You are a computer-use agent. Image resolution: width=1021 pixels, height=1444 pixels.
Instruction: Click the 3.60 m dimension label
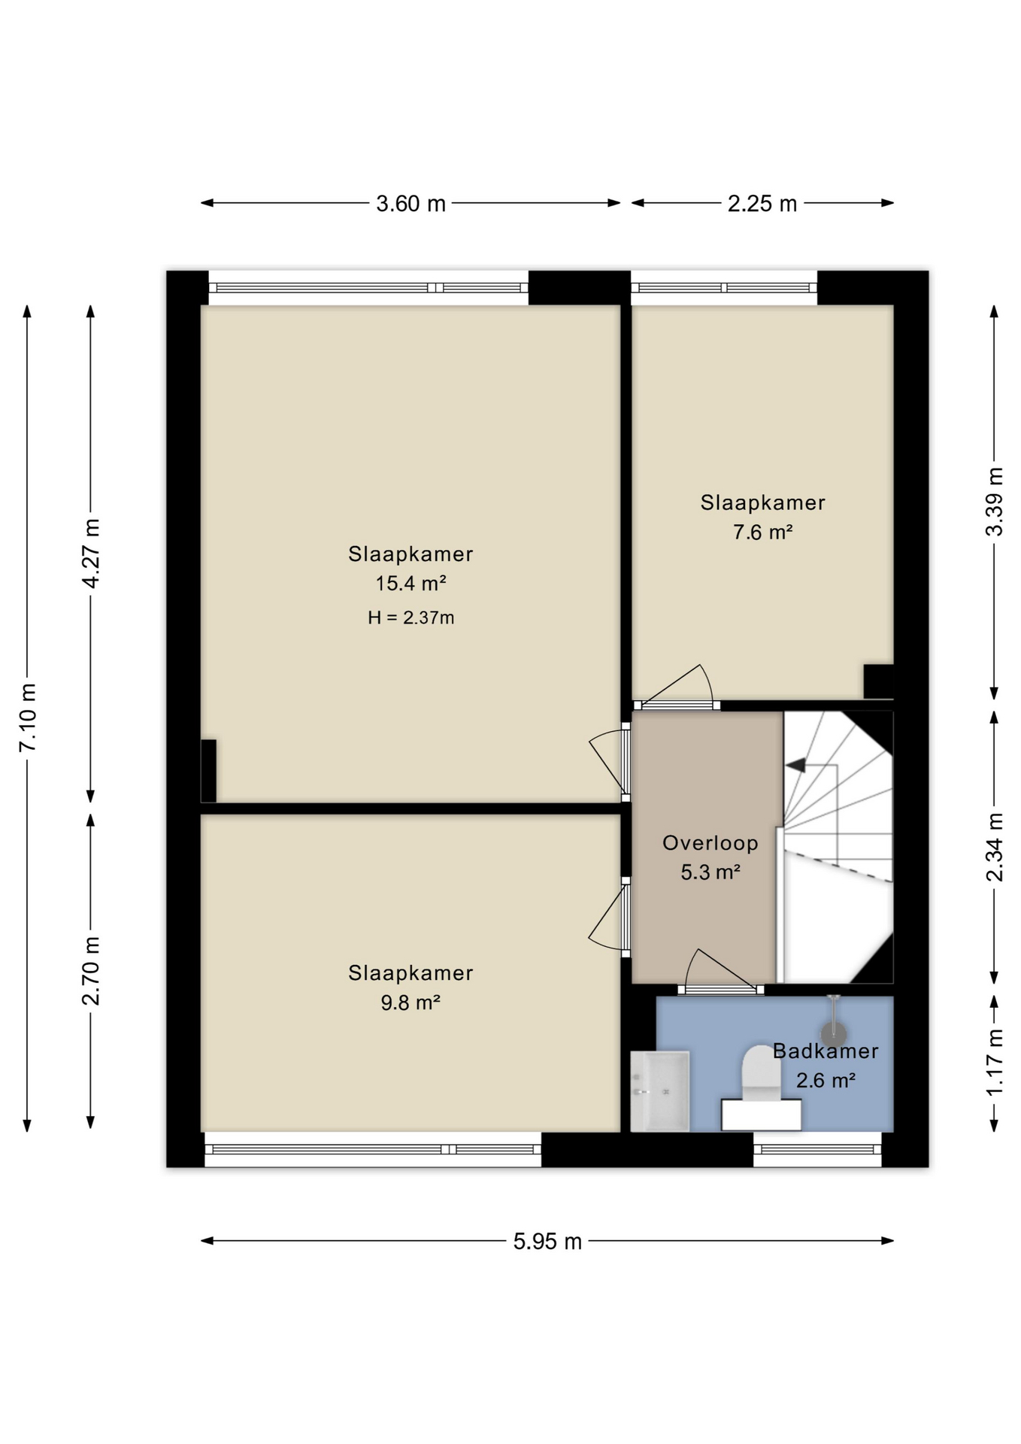[x=411, y=204]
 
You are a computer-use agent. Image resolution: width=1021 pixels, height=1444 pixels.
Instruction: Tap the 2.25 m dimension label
[x=762, y=204]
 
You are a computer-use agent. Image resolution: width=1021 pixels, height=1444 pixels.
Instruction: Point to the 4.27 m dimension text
[x=91, y=554]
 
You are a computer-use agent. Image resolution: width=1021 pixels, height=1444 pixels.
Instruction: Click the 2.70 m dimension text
[x=91, y=971]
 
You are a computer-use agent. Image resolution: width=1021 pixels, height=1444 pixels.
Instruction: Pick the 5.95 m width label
[x=547, y=1242]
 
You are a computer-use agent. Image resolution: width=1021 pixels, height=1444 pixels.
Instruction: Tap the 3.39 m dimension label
[x=994, y=502]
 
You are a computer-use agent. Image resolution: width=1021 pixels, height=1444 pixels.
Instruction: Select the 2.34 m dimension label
[x=994, y=847]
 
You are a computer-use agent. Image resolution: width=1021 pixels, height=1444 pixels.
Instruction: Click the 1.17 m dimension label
[x=994, y=1062]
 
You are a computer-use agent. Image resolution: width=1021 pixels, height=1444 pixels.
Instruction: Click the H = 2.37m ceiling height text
[x=411, y=618]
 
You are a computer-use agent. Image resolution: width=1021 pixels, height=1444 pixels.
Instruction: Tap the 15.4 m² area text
[x=411, y=584]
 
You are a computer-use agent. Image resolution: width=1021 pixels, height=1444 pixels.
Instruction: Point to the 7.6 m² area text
[x=762, y=532]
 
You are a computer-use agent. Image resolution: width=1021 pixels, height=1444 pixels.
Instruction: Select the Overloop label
[x=710, y=843]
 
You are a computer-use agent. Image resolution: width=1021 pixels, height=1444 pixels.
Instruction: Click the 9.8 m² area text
[x=411, y=1003]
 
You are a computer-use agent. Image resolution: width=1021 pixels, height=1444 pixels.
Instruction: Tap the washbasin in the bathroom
[x=659, y=1091]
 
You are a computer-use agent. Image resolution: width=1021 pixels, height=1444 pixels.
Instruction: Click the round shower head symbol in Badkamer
[x=833, y=1034]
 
